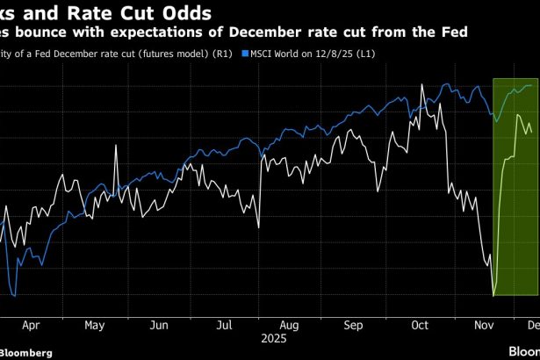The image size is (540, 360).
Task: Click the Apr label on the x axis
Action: (32, 324)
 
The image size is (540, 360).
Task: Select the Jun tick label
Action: (159, 324)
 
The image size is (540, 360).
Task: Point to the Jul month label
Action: (224, 324)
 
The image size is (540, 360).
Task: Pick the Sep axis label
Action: (353, 324)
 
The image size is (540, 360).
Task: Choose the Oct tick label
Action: (420, 324)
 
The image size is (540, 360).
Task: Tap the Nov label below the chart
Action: (483, 324)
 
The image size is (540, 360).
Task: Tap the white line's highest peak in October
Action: (422, 85)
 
